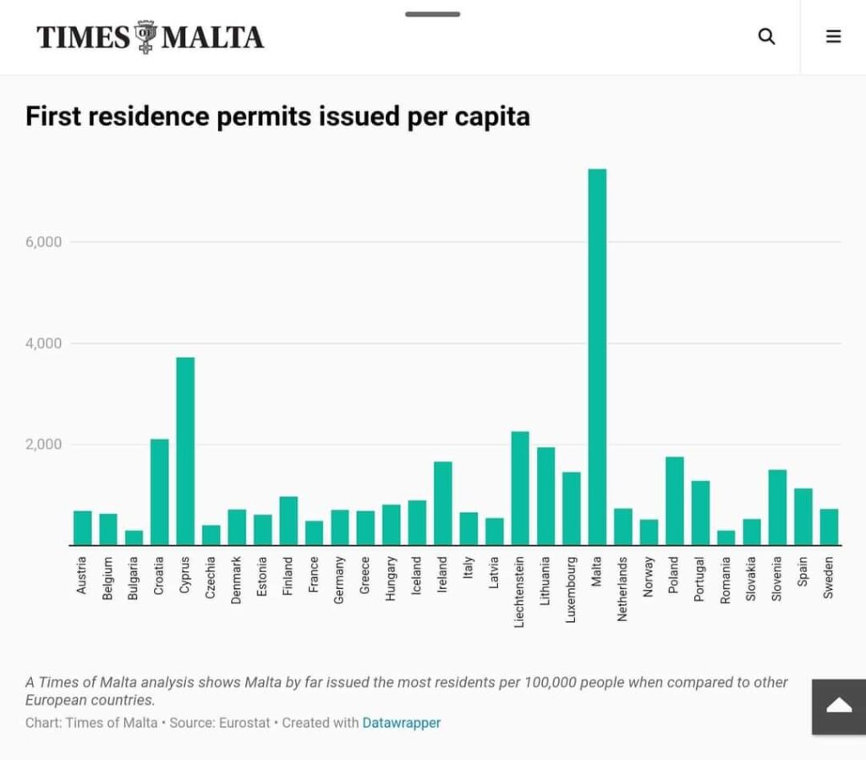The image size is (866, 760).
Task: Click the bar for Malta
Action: click(x=597, y=357)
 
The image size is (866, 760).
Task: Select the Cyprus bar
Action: click(x=185, y=452)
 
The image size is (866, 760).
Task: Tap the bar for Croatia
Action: click(x=160, y=492)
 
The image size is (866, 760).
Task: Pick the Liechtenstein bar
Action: click(x=520, y=488)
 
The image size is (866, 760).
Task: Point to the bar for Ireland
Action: click(x=443, y=504)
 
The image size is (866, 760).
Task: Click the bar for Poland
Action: click(x=674, y=501)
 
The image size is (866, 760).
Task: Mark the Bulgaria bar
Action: click(x=134, y=537)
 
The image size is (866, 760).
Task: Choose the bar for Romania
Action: click(x=726, y=537)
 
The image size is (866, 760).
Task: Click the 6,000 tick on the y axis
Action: click(x=44, y=242)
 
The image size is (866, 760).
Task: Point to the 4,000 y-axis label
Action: click(x=44, y=344)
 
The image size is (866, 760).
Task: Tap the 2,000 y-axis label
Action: click(x=44, y=444)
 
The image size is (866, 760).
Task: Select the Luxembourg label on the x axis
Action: click(x=571, y=590)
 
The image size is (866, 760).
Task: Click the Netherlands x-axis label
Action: click(x=622, y=589)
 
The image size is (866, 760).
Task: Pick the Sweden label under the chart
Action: click(x=829, y=577)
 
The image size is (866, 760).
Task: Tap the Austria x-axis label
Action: click(x=82, y=576)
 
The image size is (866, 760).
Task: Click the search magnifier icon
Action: click(x=766, y=36)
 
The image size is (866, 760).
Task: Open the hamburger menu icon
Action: click(x=833, y=36)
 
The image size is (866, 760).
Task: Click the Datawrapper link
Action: click(x=402, y=723)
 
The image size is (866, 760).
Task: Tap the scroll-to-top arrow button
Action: click(x=839, y=707)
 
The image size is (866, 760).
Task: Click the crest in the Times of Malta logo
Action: click(x=145, y=37)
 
